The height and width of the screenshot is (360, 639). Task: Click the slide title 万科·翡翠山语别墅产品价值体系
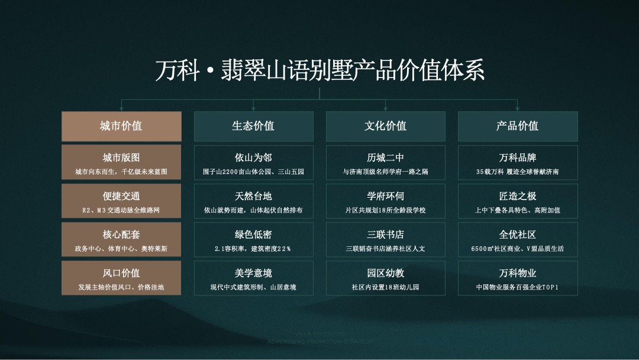click(x=319, y=70)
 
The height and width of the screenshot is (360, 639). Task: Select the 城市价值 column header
click(x=121, y=126)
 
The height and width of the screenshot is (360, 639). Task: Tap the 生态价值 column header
click(x=253, y=126)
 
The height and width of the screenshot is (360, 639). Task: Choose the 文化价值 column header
click(x=385, y=126)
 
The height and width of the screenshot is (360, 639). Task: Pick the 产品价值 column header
click(x=518, y=126)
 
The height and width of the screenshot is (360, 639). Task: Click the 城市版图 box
click(x=121, y=163)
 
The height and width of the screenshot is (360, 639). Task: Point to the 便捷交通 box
click(x=121, y=201)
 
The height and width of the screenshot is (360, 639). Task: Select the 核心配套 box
click(x=121, y=239)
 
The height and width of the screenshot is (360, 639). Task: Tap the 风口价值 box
click(x=121, y=278)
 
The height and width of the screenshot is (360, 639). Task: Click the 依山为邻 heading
click(x=253, y=157)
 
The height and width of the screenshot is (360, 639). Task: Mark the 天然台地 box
click(x=253, y=201)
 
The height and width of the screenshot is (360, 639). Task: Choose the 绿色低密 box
click(x=253, y=239)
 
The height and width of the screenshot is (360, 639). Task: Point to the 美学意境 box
click(x=253, y=278)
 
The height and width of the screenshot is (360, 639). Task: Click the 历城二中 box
click(x=385, y=163)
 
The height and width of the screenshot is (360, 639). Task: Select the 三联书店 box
click(x=385, y=239)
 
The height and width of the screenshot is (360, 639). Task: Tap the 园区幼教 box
click(x=385, y=278)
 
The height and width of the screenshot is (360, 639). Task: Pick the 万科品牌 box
click(x=518, y=163)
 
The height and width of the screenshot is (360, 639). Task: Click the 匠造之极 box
click(x=518, y=201)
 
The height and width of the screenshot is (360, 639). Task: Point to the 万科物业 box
click(x=518, y=278)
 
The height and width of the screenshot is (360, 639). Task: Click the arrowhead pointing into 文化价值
click(x=386, y=108)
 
